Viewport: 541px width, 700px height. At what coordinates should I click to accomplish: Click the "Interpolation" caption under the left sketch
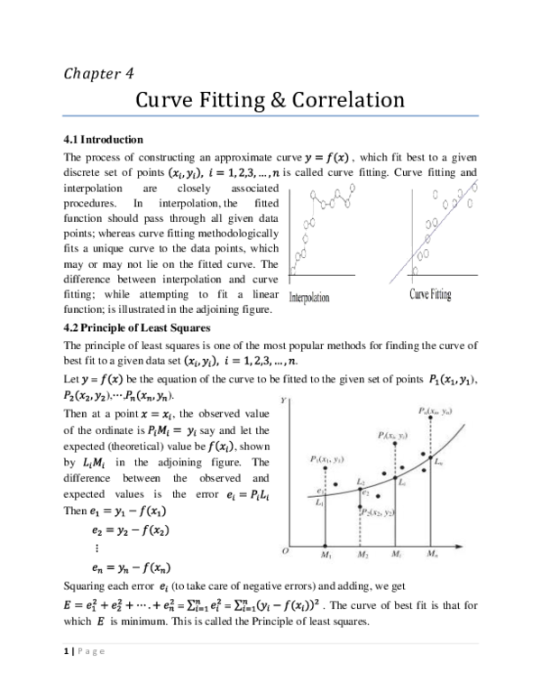pyautogui.click(x=309, y=297)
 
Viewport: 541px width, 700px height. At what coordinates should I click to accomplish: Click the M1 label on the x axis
pyautogui.click(x=326, y=553)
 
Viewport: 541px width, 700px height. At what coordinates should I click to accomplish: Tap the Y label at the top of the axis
pyautogui.click(x=285, y=398)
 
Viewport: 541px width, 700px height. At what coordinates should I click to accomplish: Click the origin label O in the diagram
pyautogui.click(x=285, y=550)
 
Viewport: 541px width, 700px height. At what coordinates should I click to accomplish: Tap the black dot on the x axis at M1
pyautogui.click(x=326, y=544)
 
